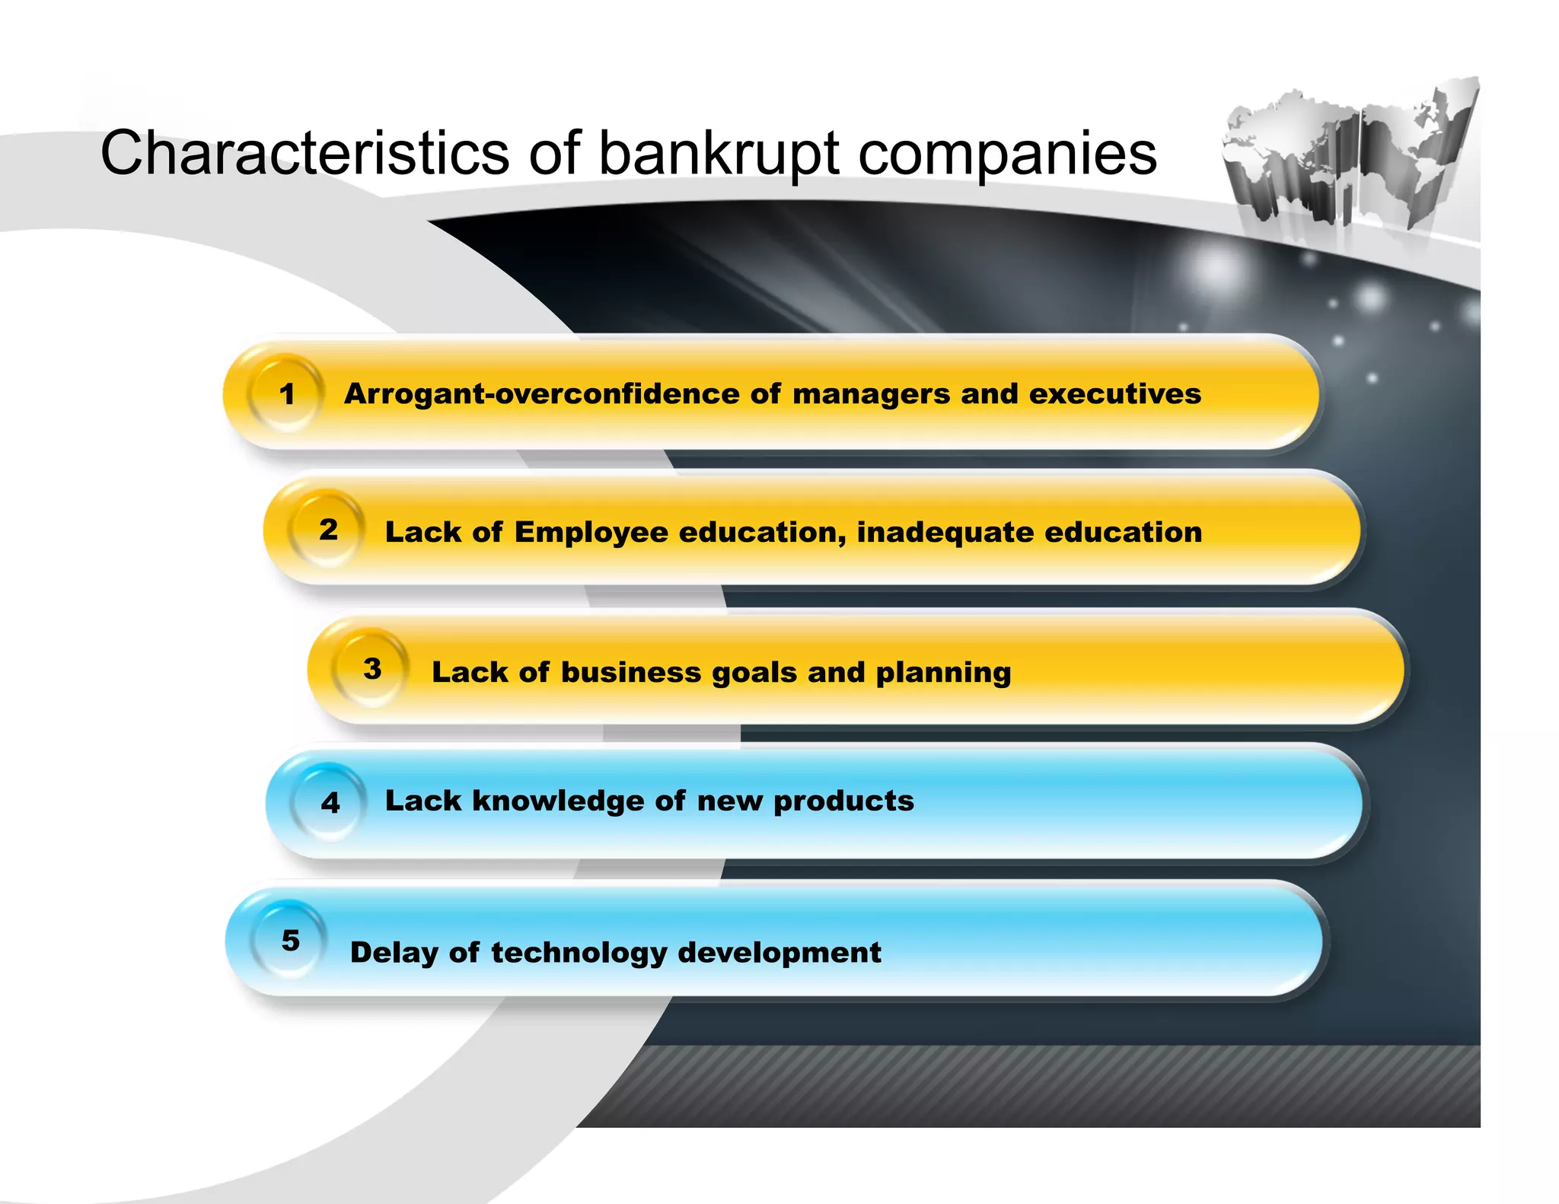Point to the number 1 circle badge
(286, 394)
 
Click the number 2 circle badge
(328, 530)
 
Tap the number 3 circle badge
(371, 669)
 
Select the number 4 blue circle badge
(330, 802)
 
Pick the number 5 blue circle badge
(290, 941)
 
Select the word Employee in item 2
(591, 533)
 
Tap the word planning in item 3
(943, 674)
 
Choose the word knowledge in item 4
(557, 801)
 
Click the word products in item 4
(843, 801)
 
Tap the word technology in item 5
(579, 953)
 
